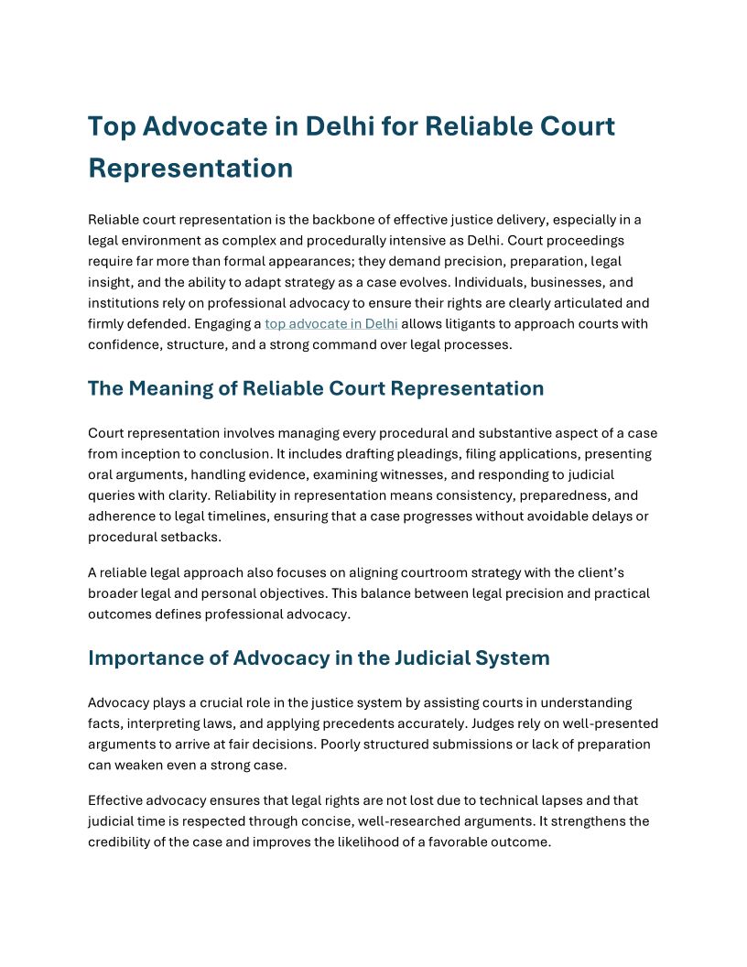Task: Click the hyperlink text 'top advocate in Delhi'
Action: pyautogui.click(x=331, y=323)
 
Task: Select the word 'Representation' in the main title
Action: pyautogui.click(x=190, y=168)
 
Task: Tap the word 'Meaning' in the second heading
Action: pyautogui.click(x=181, y=388)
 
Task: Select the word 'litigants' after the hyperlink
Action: pyautogui.click(x=468, y=323)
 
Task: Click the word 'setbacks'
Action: pyautogui.click(x=183, y=538)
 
